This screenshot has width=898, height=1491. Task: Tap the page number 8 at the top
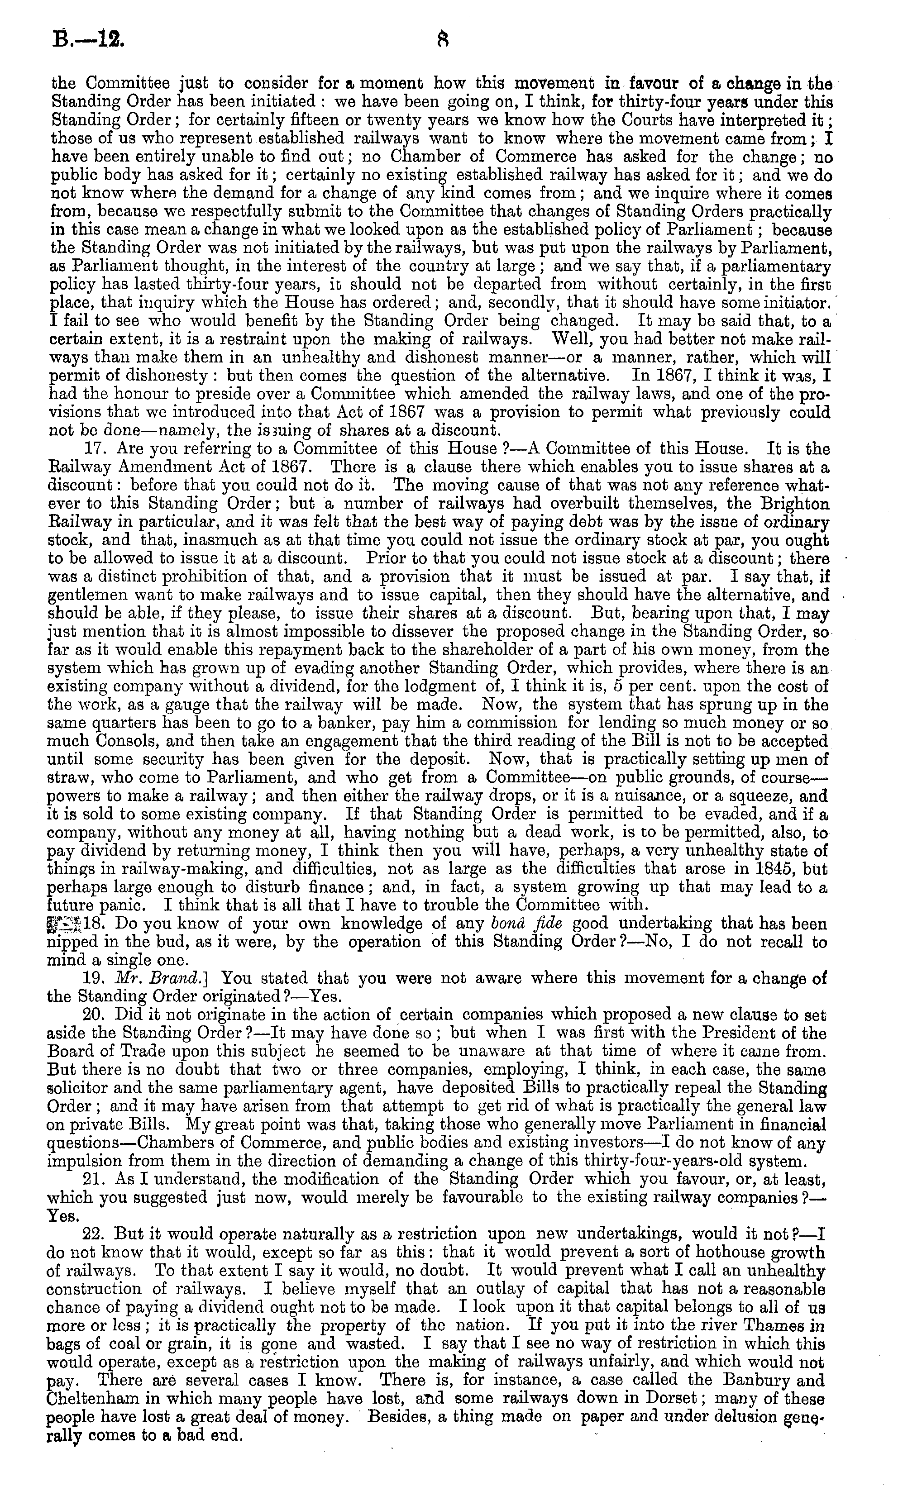pos(442,40)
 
